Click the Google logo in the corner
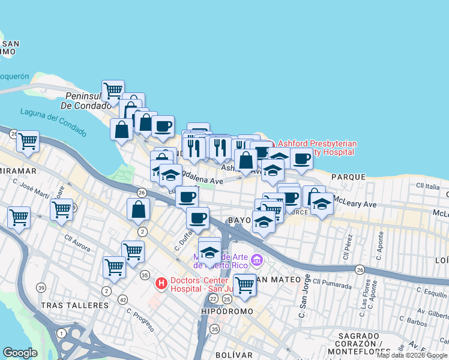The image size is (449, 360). pyautogui.click(x=20, y=353)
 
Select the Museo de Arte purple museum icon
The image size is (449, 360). pyautogui.click(x=257, y=260)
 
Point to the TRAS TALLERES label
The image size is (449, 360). pyautogui.click(x=74, y=305)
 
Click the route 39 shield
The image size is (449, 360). pyautogui.click(x=40, y=288)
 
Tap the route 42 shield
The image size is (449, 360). pyautogui.click(x=122, y=299)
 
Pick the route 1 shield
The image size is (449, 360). pyautogui.click(x=61, y=333)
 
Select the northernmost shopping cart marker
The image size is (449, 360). pyautogui.click(x=113, y=90)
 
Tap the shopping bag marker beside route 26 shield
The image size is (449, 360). pyautogui.click(x=139, y=209)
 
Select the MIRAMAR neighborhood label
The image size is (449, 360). pyautogui.click(x=18, y=171)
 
